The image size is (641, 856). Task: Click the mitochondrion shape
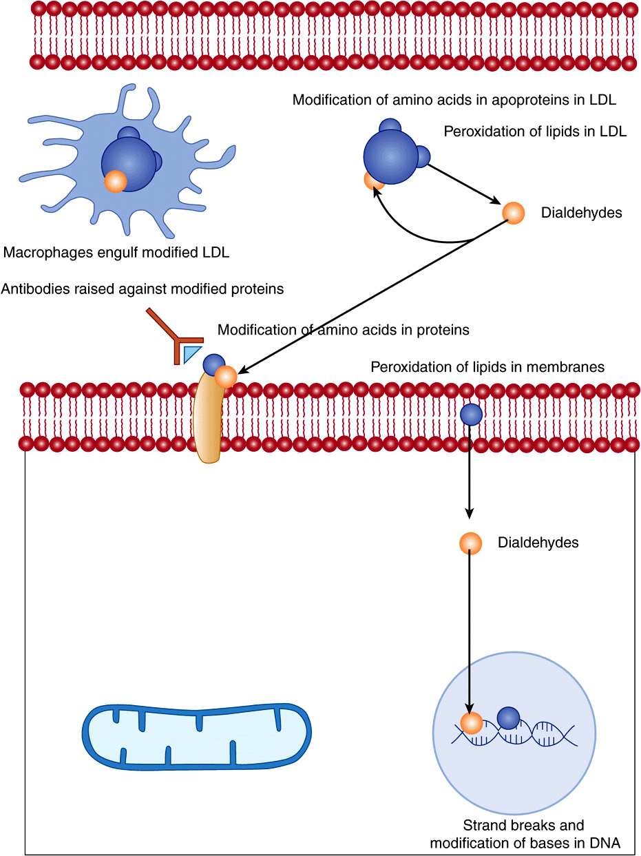[x=197, y=736]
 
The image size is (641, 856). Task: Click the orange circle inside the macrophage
[x=115, y=182]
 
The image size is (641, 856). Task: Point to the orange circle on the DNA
[x=472, y=724]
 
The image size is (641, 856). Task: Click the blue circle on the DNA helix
[x=508, y=718]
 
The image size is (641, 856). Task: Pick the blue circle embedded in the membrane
[x=471, y=414]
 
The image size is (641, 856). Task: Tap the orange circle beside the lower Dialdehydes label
[x=470, y=543]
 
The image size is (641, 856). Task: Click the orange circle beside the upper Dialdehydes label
[x=514, y=212]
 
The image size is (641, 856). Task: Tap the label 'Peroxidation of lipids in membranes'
[x=487, y=367]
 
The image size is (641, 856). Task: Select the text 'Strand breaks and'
[x=523, y=825]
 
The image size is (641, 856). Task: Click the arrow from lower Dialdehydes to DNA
[x=470, y=634]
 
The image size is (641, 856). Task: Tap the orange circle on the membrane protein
[x=225, y=376]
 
